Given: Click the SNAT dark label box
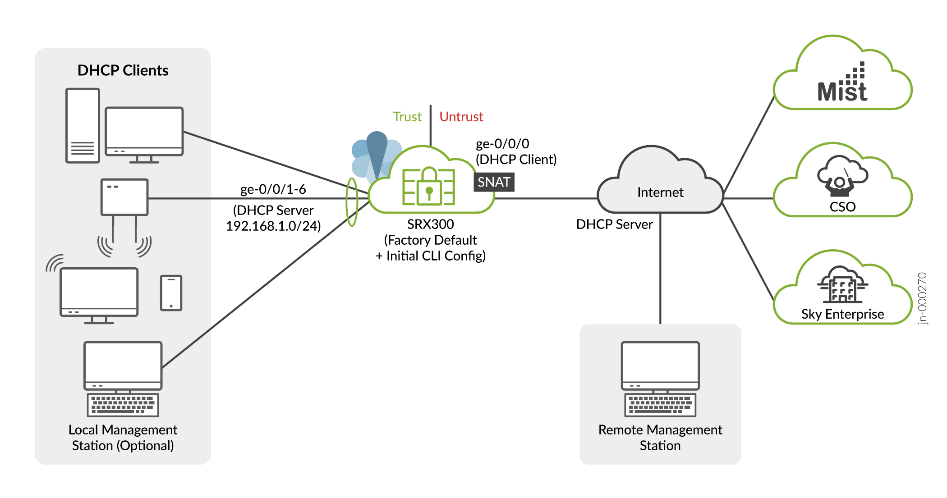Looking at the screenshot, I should (494, 182).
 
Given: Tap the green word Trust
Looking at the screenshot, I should (407, 117).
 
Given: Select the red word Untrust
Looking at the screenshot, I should (461, 117).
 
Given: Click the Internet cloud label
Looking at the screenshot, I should (660, 192).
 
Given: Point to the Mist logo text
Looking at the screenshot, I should (842, 91).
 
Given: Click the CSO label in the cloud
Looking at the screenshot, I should (842, 207).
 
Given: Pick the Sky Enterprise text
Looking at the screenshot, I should (842, 314).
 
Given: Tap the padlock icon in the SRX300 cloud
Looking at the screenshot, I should (429, 187).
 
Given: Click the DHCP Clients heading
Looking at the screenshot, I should (123, 70).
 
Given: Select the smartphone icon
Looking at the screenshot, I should (171, 293).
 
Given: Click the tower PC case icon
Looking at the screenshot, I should (83, 125).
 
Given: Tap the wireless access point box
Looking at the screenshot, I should (124, 197).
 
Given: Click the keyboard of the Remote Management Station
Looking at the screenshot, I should (660, 405).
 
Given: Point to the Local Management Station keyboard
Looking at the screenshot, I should (123, 405).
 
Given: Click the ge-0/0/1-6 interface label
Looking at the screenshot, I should (273, 189).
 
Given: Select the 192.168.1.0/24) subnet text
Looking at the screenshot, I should (273, 226).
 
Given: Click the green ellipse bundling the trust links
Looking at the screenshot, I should (352, 202).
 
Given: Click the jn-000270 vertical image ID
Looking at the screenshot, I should (923, 298).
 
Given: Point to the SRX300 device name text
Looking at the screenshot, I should (430, 224).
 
